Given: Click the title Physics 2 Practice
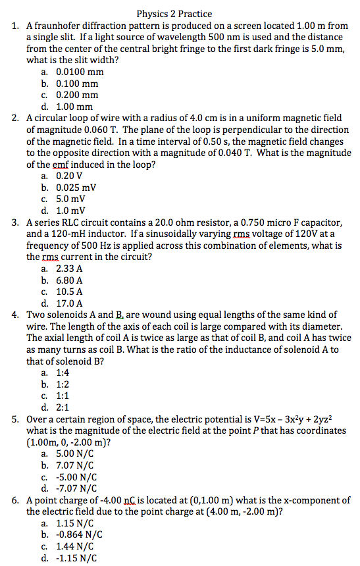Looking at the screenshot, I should point(174,13).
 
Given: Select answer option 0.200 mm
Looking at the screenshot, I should point(76,95).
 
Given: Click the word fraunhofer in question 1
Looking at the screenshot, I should point(61,26).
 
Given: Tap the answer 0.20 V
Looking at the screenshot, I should point(70,176).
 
